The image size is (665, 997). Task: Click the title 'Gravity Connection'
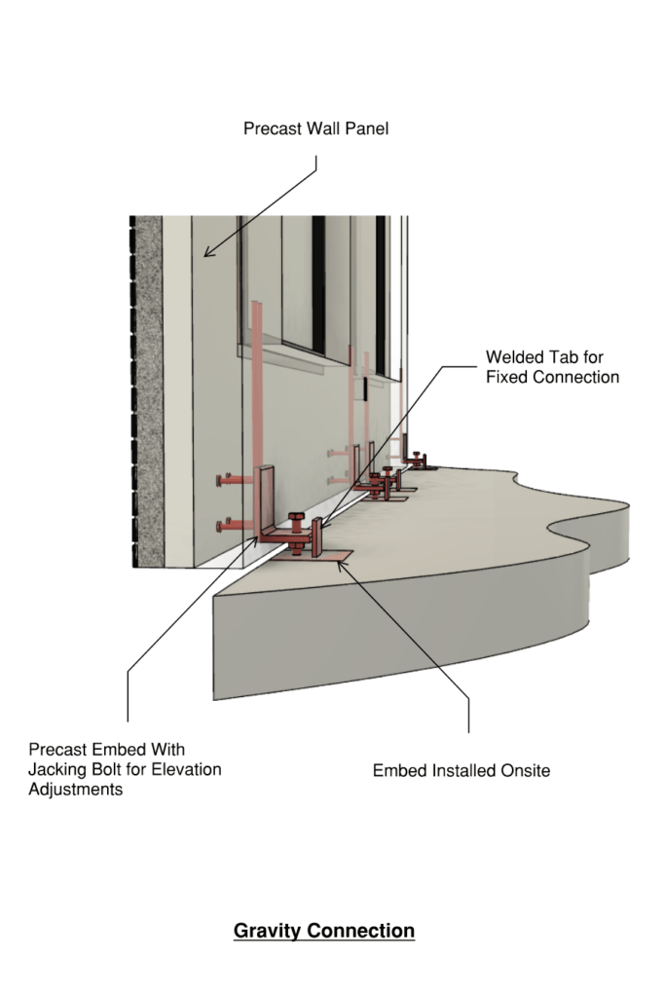[x=324, y=931]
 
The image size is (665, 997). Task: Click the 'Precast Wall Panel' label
[x=315, y=128]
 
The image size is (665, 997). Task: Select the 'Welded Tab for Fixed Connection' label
[x=552, y=367]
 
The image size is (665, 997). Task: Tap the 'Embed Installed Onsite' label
[x=462, y=770]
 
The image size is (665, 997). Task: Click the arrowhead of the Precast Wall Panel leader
[x=206, y=255]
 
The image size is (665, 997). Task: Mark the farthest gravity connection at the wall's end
[x=418, y=459]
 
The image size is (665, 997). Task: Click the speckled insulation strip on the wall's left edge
[x=149, y=389]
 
